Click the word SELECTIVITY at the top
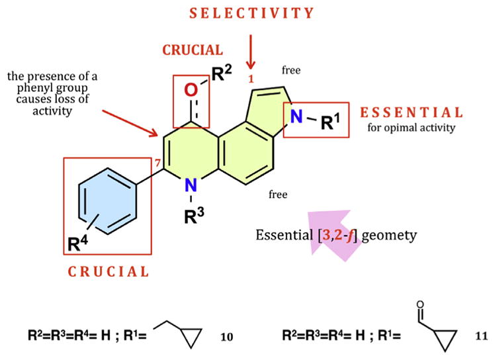(250, 13)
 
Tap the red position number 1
(251, 79)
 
